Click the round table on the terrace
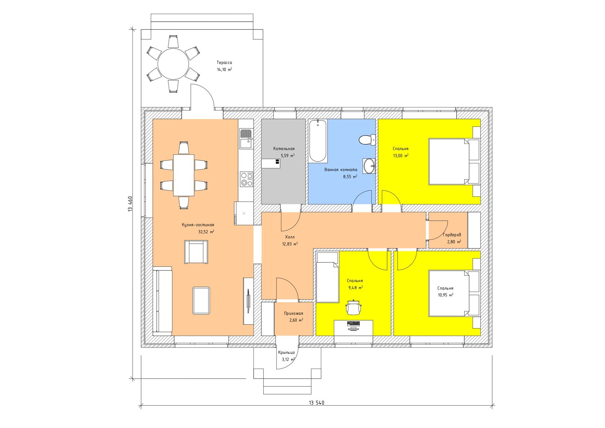173,64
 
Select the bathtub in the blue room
318,141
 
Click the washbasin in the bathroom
369,166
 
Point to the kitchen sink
246,139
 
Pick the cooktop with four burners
247,179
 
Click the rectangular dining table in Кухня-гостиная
184,175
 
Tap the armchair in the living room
196,252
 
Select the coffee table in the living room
201,301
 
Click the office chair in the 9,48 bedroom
354,308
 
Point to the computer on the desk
353,325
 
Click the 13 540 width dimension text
317,410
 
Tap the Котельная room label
284,149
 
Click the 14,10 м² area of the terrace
224,70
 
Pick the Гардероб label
452,235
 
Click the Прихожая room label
293,313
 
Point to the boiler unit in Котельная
271,163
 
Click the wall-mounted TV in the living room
248,301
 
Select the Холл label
290,237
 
